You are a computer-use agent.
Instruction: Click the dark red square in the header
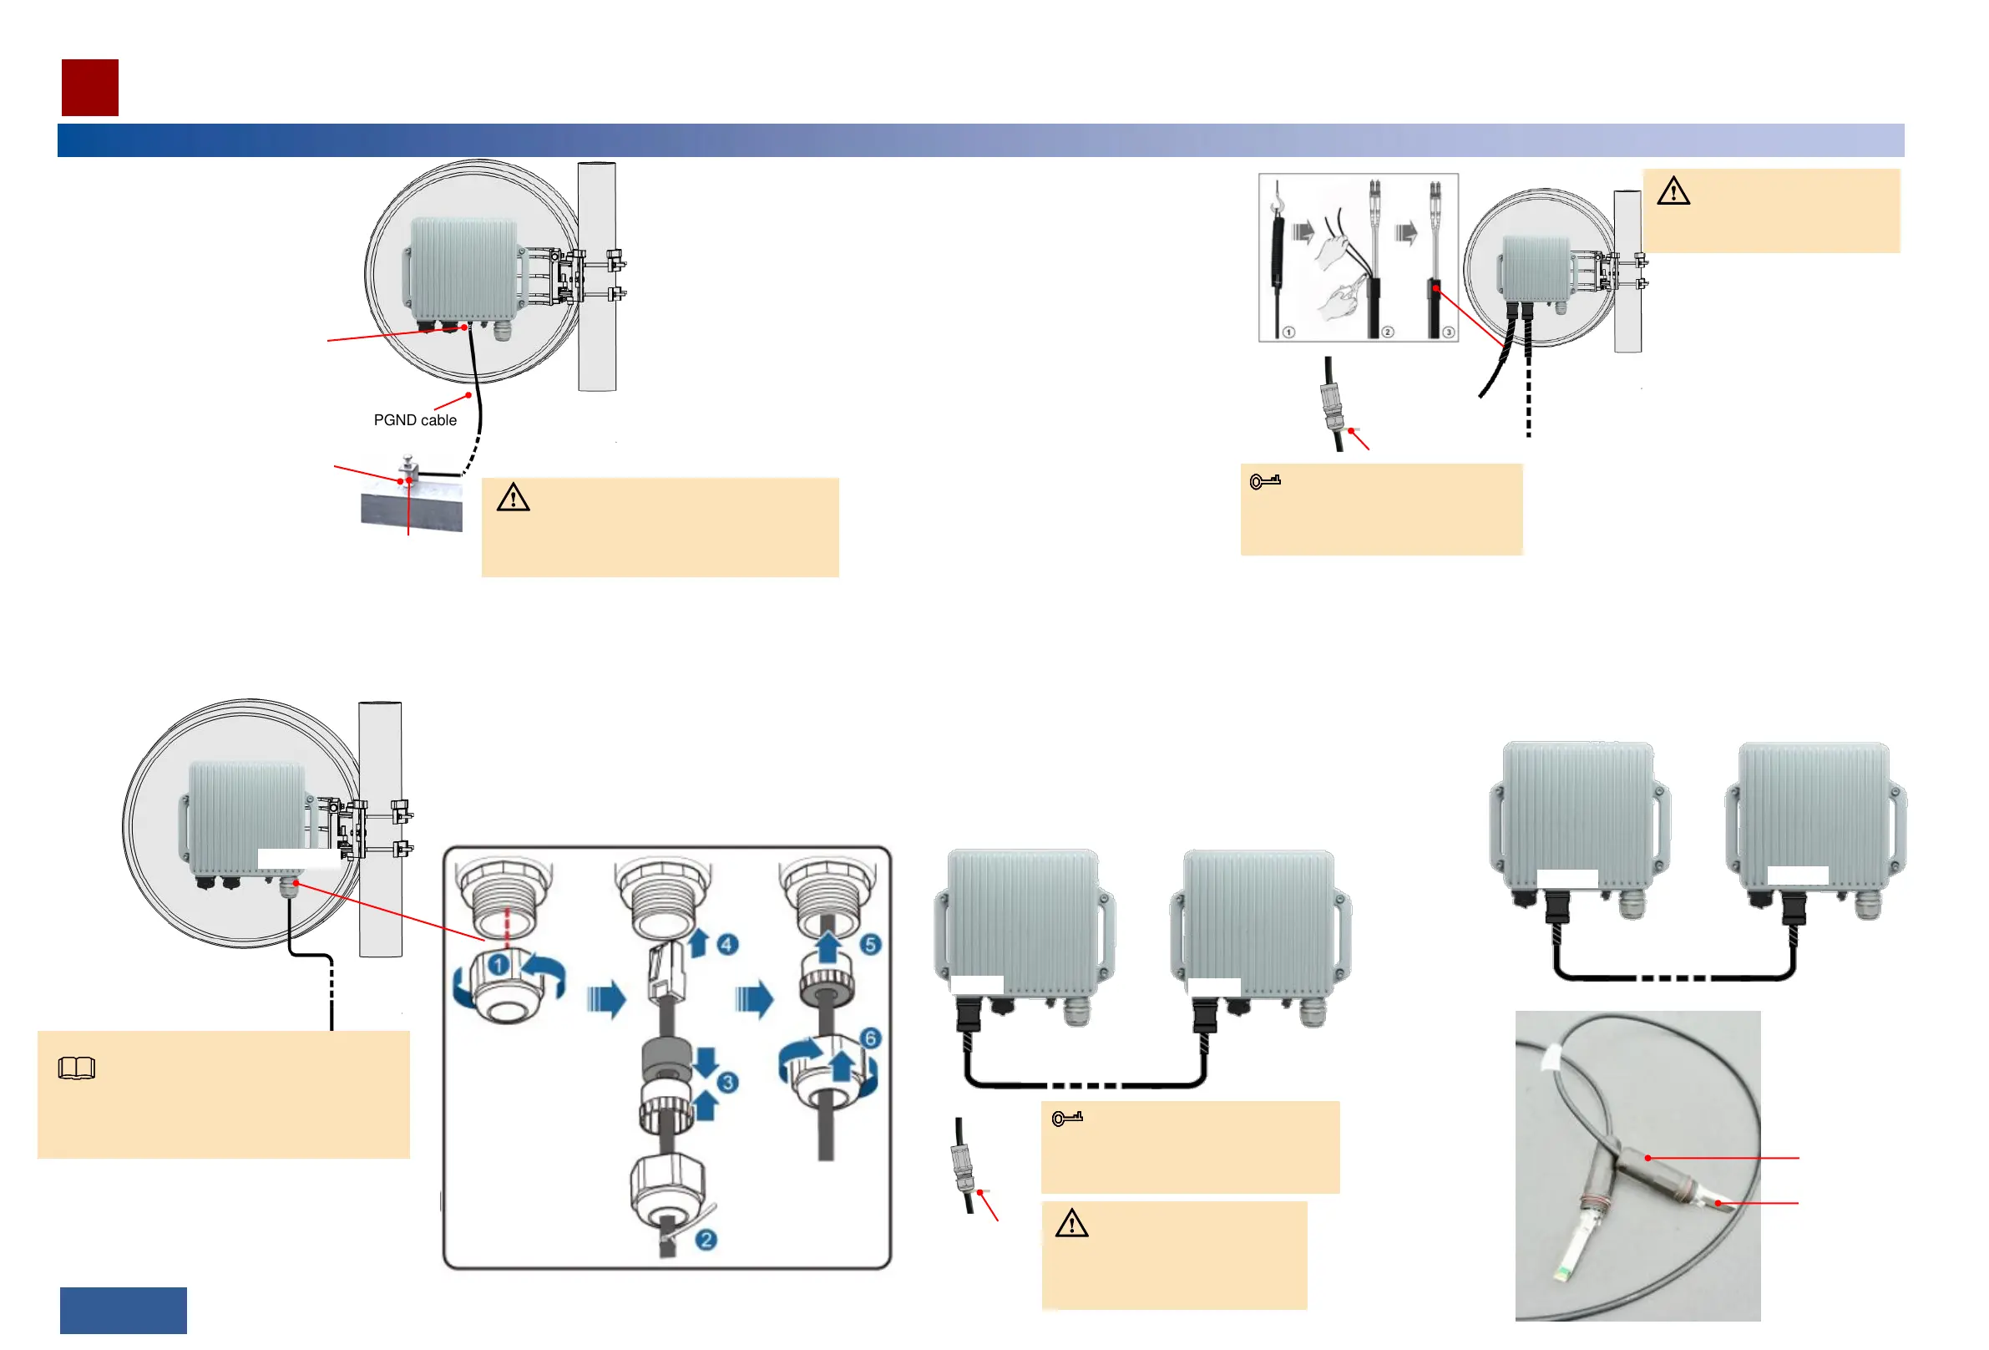[x=90, y=88]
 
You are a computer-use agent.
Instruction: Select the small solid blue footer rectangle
[x=124, y=1310]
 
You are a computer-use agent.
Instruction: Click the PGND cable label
[x=415, y=420]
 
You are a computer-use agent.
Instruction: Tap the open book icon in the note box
[x=76, y=1068]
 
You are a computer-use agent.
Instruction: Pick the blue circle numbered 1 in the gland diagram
[x=499, y=966]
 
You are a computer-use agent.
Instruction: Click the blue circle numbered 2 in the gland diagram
[x=706, y=1240]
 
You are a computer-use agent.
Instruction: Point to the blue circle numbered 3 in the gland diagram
[x=727, y=1082]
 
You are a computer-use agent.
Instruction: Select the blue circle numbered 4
[x=726, y=944]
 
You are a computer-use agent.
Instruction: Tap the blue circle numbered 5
[x=870, y=944]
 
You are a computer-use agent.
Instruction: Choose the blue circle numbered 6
[x=870, y=1038]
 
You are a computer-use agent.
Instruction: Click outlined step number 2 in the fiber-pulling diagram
[x=1387, y=332]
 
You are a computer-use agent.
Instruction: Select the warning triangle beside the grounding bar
[x=514, y=497]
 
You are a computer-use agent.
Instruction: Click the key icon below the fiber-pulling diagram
[x=1265, y=481]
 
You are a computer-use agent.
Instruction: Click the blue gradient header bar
[x=980, y=140]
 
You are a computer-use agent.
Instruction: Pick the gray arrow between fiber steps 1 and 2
[x=1303, y=231]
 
